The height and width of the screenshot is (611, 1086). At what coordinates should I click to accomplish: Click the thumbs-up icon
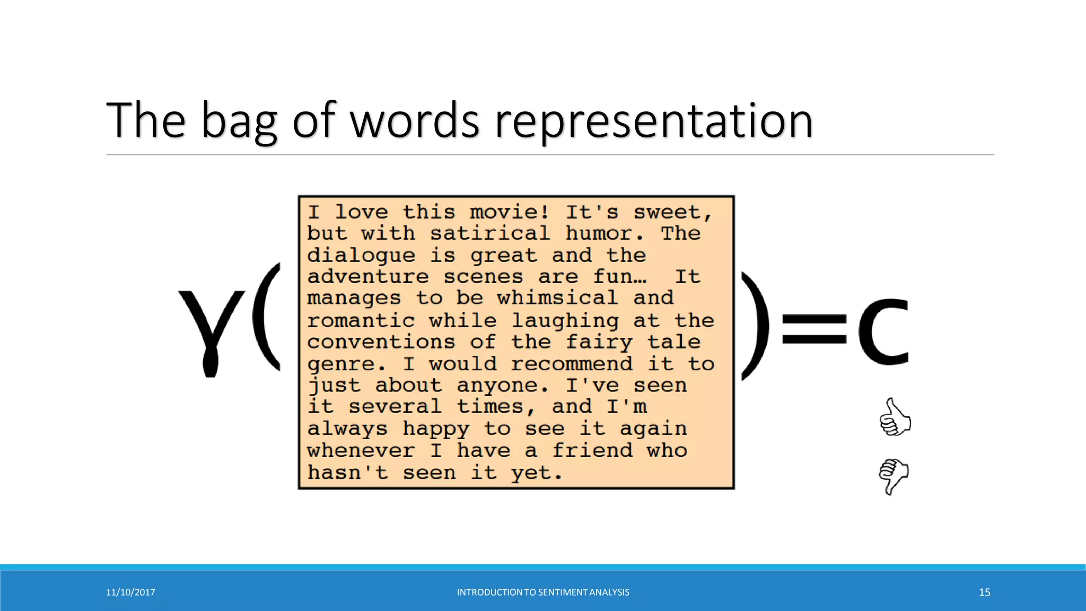pos(895,417)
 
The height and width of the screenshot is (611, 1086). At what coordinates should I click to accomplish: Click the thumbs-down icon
pos(894,476)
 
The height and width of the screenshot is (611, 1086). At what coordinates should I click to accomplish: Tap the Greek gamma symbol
pos(212,331)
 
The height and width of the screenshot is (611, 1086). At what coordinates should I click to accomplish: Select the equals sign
pos(814,329)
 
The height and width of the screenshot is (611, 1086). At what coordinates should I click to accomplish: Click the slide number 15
pos(984,592)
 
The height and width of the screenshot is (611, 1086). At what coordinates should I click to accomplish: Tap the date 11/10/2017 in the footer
pos(130,592)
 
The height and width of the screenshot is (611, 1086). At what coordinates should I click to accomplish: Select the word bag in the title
pos(239,121)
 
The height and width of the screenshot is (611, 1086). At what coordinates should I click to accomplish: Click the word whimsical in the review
pos(557,298)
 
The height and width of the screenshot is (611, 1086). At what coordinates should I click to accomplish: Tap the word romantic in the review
pos(361,320)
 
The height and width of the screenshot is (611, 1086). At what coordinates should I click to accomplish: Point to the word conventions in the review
pos(381,342)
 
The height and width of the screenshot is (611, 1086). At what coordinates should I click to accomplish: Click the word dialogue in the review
pos(361,256)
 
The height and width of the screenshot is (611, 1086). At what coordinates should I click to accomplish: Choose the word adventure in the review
pos(367,277)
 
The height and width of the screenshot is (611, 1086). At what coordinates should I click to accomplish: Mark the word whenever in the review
pos(361,451)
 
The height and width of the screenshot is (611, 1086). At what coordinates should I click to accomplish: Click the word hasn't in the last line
pos(347,473)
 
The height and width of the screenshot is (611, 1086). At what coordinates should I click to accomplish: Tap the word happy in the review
pos(436,429)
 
